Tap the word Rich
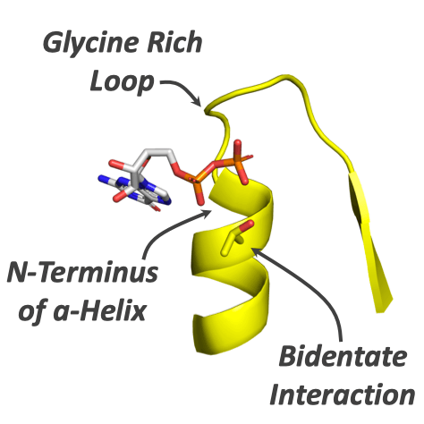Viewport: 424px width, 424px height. pos(174,42)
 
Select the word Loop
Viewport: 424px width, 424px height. pos(123,83)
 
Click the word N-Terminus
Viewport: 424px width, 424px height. pos(83,272)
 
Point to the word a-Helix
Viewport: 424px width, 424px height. pos(100,310)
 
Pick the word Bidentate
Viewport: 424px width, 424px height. pos(343,356)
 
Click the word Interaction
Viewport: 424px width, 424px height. pos(343,394)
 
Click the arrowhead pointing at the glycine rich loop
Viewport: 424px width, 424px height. pos(198,100)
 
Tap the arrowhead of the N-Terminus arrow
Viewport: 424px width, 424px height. pos(207,213)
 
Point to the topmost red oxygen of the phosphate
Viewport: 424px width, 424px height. pos(238,145)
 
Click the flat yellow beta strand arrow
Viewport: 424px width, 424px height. pos(369,242)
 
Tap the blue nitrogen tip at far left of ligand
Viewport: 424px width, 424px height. pos(102,178)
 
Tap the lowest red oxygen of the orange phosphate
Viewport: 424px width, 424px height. pos(201,199)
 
